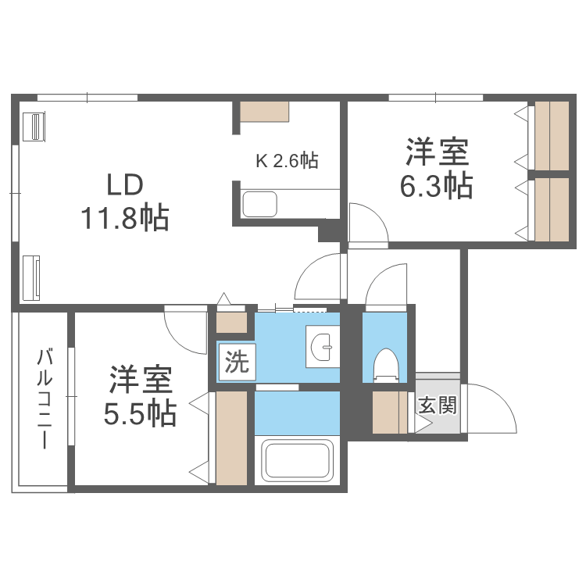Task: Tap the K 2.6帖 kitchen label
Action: coord(287,161)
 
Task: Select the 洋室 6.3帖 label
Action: coord(437,169)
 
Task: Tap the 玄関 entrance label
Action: coord(437,406)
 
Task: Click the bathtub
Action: coord(298,460)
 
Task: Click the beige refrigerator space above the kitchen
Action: coord(265,111)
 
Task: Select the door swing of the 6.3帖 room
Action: coord(367,223)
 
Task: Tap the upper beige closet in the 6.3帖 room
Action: coord(552,134)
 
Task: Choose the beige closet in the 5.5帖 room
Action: coord(231,438)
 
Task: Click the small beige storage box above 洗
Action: coord(231,322)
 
